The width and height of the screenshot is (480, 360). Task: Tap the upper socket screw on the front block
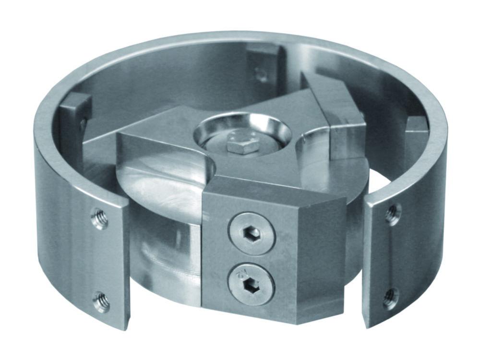252,234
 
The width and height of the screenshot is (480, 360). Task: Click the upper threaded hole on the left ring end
100,218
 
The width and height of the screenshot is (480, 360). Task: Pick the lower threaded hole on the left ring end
101,301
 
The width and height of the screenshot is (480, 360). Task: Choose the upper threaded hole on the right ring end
392,214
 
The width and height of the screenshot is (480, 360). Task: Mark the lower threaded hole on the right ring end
391,298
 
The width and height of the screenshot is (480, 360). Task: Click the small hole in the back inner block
261,75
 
